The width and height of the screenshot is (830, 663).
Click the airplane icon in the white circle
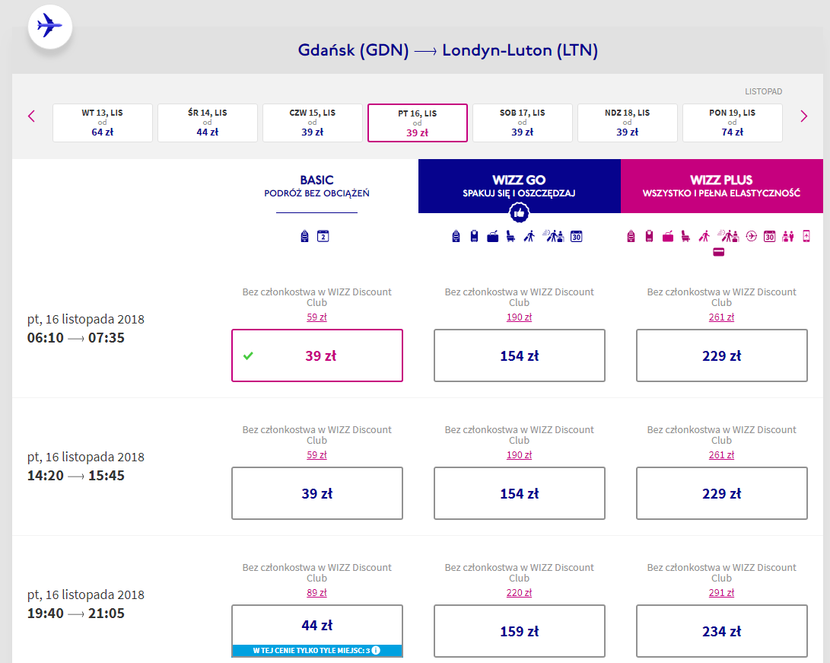point(49,25)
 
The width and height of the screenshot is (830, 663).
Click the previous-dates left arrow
point(31,116)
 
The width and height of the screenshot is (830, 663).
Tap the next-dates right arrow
point(803,116)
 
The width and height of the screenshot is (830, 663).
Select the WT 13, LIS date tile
point(102,123)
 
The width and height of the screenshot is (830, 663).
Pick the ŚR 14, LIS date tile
point(208,123)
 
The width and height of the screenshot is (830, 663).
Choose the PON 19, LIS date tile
point(732,123)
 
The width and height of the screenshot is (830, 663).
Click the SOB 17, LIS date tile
point(522,123)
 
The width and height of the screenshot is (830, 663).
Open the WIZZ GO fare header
point(520,186)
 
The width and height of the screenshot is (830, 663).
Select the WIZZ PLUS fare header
point(721,186)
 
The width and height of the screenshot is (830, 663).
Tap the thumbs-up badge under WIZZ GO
point(519,213)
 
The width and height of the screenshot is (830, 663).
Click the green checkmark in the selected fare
point(248,356)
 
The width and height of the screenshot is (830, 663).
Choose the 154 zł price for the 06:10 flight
point(520,355)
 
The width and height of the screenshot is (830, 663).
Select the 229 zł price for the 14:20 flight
point(721,493)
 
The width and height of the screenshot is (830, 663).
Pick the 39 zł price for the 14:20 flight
point(317,493)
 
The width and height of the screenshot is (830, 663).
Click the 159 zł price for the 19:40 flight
point(520,631)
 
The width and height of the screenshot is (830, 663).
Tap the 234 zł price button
point(721,631)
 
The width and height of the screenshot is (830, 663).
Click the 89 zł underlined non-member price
point(316,592)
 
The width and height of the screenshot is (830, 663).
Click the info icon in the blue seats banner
point(376,650)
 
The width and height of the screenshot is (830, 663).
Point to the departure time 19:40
point(46,614)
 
